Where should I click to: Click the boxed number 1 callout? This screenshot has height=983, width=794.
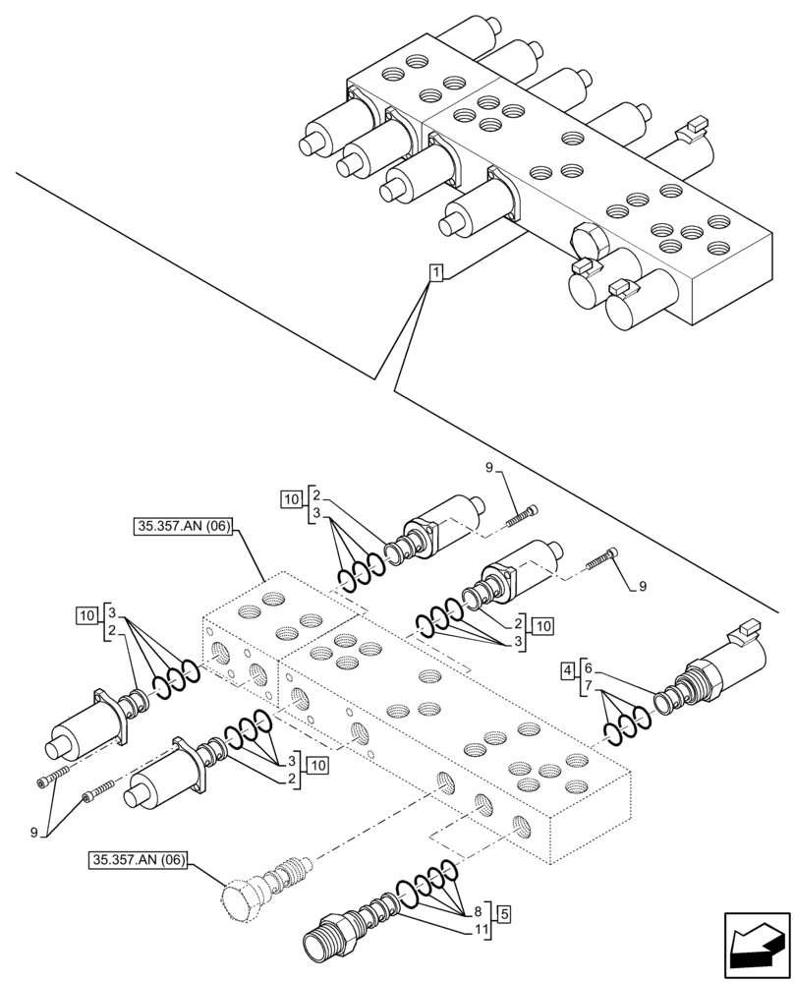[436, 271]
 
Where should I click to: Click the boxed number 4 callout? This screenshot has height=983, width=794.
[567, 672]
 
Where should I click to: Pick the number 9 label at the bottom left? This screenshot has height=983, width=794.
[34, 832]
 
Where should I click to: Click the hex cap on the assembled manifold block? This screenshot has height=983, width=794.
[588, 240]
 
